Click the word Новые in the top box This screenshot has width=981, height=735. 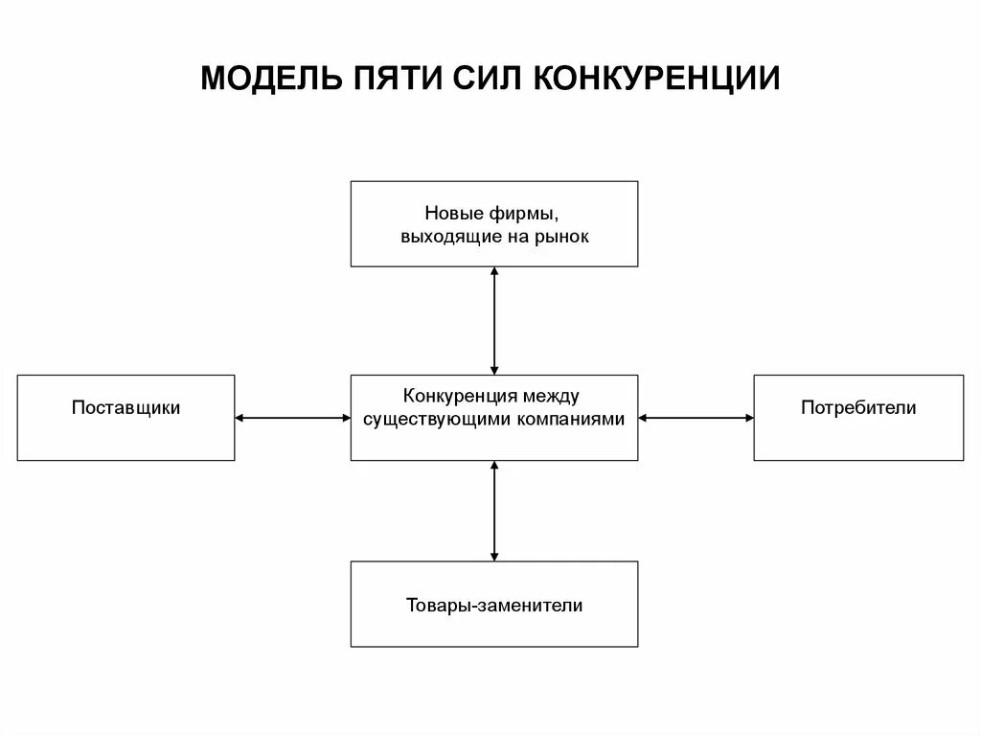450,212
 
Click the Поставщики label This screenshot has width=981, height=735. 125,407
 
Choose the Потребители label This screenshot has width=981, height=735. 858,407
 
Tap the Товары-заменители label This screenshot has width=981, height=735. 494,605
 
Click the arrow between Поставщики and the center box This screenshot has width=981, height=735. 292,417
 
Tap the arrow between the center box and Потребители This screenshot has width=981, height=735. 696,417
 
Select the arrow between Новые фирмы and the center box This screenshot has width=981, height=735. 494,320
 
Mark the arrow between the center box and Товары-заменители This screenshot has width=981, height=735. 494,510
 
